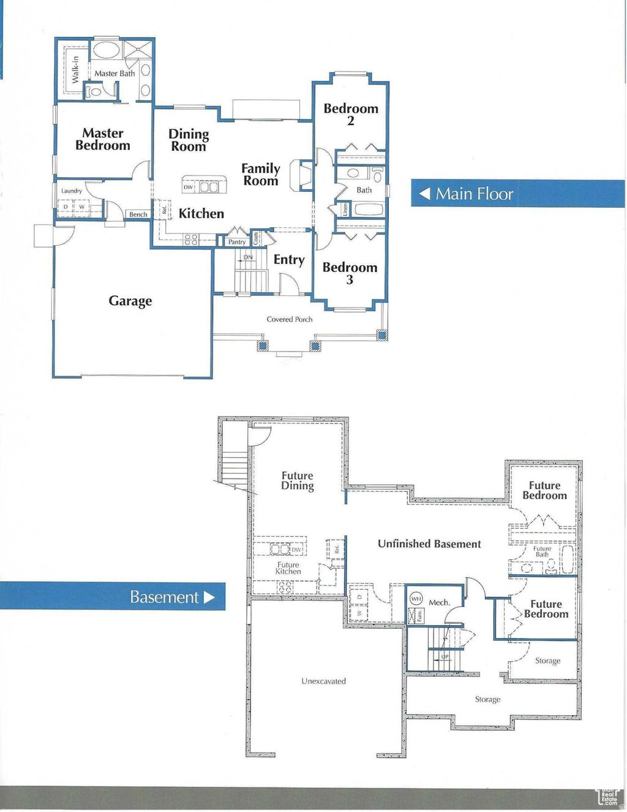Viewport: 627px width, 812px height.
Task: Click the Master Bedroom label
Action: [x=103, y=140]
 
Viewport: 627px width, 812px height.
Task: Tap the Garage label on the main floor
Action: [x=130, y=301]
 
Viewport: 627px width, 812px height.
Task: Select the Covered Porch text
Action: [x=289, y=319]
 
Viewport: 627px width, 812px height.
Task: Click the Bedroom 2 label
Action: [x=351, y=115]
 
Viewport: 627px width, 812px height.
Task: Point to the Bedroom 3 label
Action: [x=350, y=273]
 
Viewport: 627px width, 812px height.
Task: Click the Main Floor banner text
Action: [x=474, y=194]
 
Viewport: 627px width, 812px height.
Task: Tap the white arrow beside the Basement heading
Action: [x=209, y=597]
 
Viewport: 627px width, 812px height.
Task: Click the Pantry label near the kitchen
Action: [x=237, y=242]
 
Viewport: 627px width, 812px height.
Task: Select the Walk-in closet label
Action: [x=75, y=69]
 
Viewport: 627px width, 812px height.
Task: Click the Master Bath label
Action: [x=115, y=74]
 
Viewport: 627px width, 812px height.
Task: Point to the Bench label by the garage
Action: [x=138, y=214]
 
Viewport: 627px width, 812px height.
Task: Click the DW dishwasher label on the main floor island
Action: [x=188, y=187]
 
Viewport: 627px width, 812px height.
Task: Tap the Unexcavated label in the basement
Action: [x=323, y=681]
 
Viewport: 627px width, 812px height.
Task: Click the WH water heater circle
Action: [x=416, y=599]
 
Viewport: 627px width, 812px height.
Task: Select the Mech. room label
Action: [x=439, y=602]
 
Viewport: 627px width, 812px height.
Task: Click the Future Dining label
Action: [x=297, y=481]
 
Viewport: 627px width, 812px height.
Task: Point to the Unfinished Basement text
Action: [x=429, y=544]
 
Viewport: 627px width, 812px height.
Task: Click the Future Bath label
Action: [x=542, y=552]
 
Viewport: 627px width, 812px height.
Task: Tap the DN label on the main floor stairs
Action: [x=248, y=257]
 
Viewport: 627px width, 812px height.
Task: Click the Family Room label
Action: [x=261, y=175]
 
